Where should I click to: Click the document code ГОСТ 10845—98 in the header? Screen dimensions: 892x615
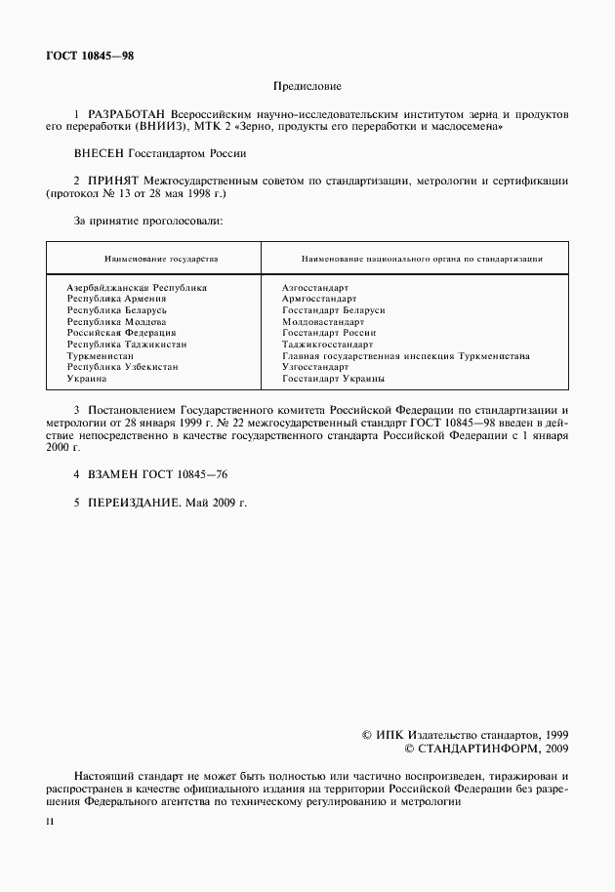coord(89,56)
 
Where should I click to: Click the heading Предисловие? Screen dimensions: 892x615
coord(306,86)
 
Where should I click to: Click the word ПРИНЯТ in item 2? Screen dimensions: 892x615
coord(113,181)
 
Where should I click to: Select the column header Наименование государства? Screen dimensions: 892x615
coord(153,259)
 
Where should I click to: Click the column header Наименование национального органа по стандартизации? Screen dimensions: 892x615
coord(422,259)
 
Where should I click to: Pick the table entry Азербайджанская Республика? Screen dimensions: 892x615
coord(137,288)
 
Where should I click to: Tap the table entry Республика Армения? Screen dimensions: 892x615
coord(116,299)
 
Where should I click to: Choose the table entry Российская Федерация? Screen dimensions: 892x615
coord(121,333)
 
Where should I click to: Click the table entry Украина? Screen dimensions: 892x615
coord(87,378)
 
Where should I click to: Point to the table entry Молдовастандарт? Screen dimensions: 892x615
coord(322,321)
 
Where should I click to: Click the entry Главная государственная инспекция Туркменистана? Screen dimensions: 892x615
coord(404,355)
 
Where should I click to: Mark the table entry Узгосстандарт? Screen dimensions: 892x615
coord(314,367)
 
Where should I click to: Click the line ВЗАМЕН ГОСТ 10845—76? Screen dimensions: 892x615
coord(156,473)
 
